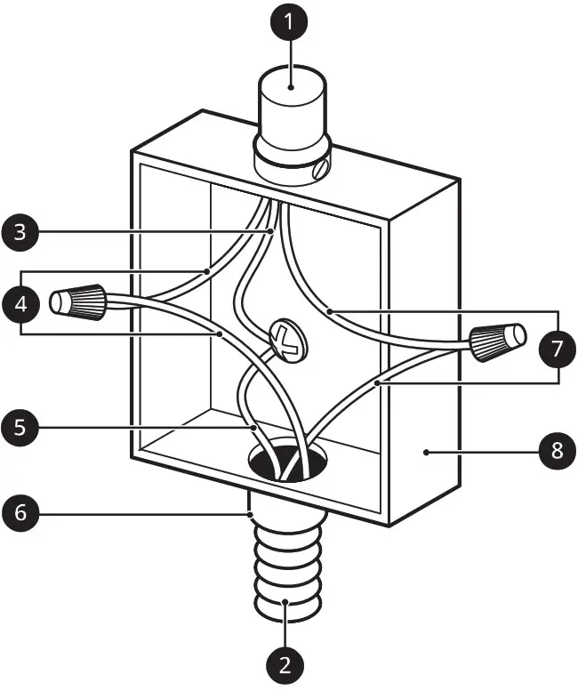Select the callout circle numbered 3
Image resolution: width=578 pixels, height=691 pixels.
[21, 233]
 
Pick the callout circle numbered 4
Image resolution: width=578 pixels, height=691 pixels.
[21, 303]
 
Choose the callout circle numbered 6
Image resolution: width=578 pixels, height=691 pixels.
[21, 513]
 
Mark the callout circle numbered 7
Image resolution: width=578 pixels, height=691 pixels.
[557, 349]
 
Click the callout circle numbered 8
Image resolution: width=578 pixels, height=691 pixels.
[557, 450]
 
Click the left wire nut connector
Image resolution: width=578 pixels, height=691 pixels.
[81, 302]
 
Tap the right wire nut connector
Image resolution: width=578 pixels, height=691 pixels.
[497, 341]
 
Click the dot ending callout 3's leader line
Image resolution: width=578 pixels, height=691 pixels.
[271, 233]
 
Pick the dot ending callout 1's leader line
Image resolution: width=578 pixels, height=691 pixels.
[292, 87]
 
